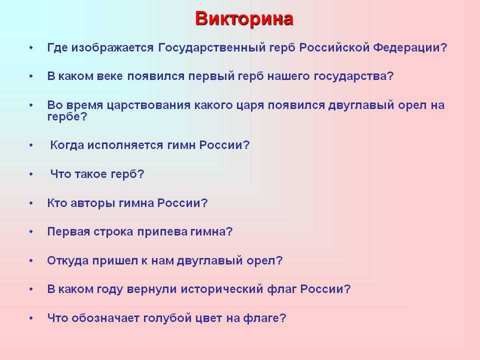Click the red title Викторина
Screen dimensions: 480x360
coord(244,19)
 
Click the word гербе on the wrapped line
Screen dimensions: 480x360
coord(63,117)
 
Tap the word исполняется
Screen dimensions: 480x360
coord(125,145)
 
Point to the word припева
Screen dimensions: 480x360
coord(162,231)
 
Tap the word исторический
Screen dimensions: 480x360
coord(222,289)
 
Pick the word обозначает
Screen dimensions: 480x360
coord(105,318)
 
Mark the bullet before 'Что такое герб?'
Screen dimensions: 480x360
coord(31,174)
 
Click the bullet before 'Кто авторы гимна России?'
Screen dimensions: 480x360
coord(31,203)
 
